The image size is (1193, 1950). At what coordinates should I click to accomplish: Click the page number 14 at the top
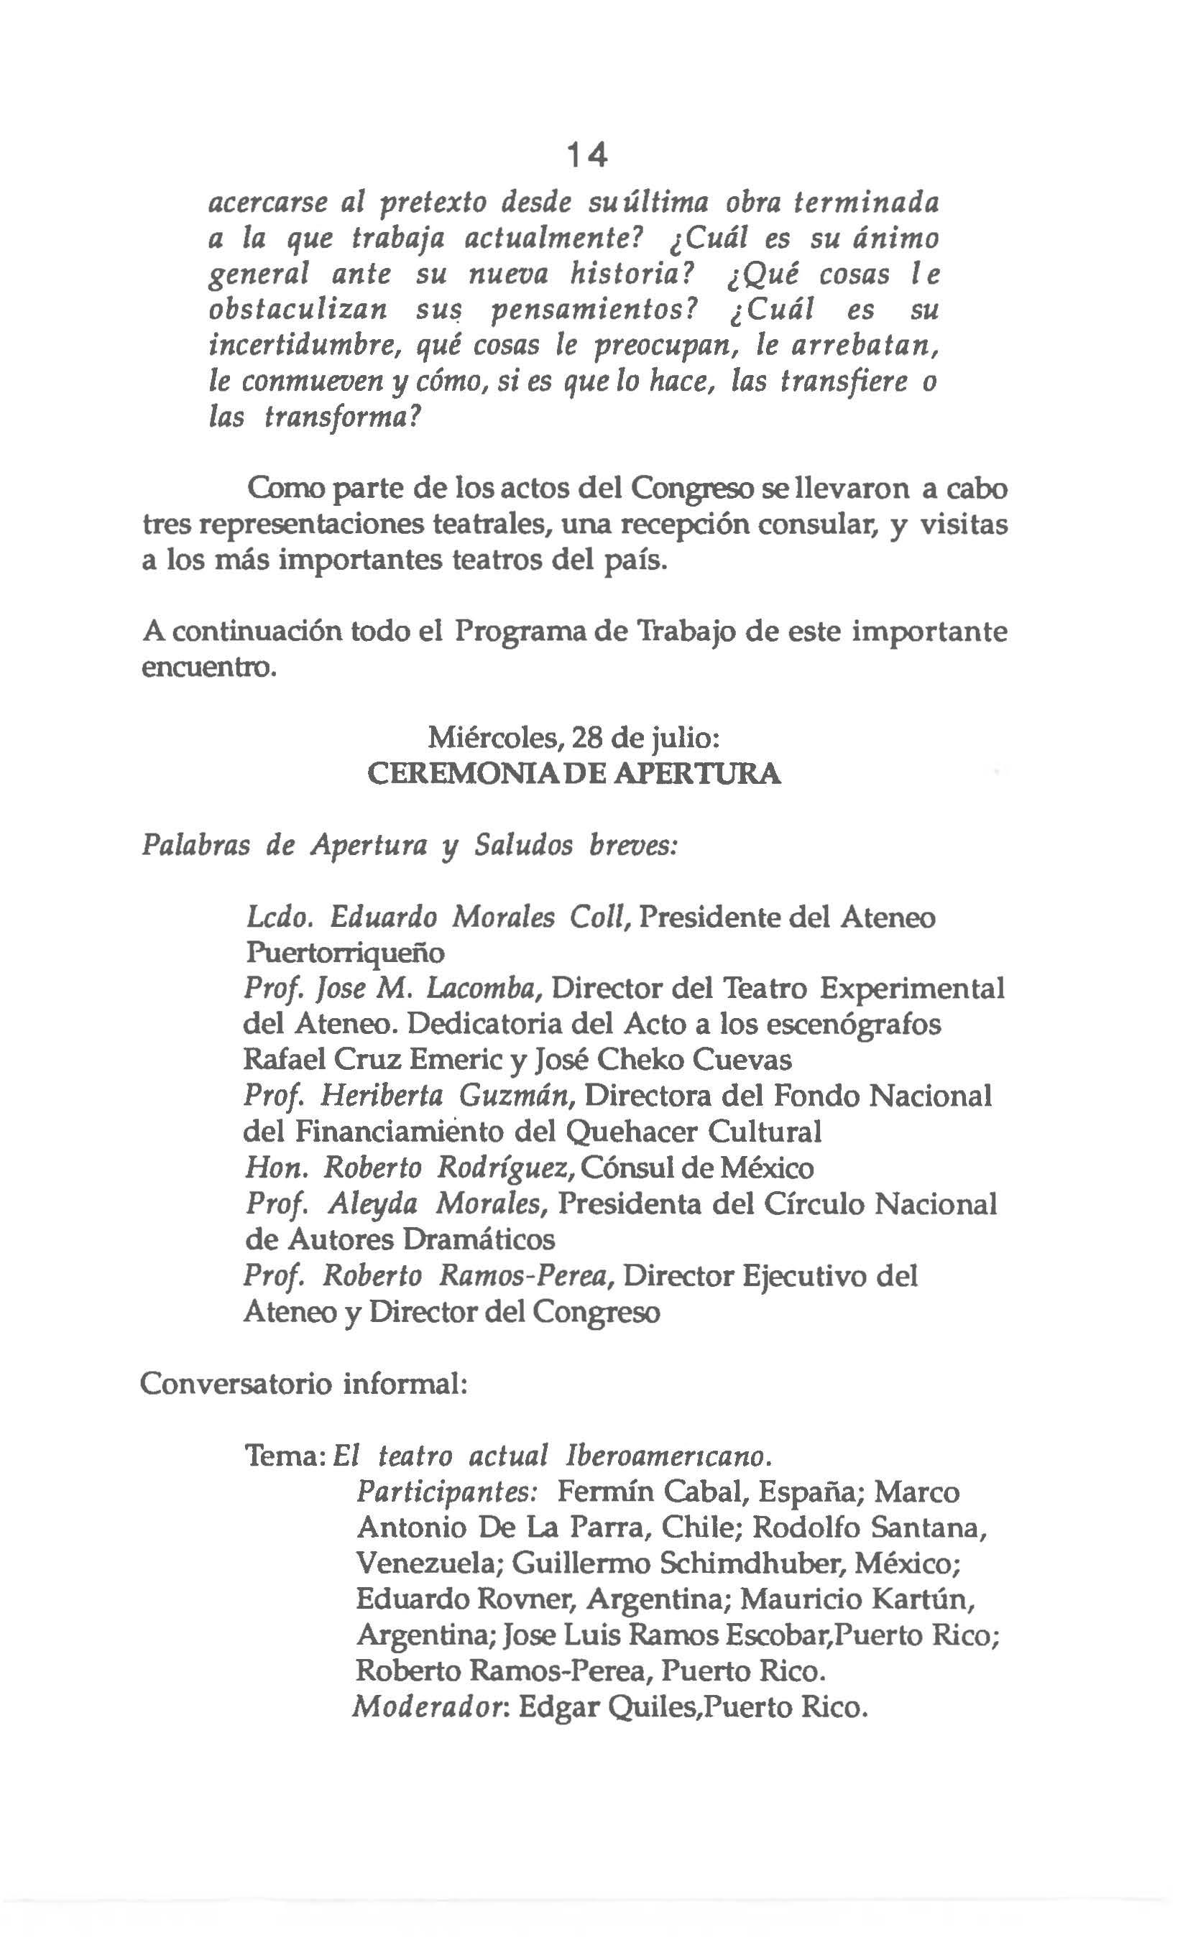[587, 155]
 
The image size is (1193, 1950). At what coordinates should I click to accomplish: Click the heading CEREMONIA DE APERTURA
[575, 773]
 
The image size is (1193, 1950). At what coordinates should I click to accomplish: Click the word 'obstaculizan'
[298, 310]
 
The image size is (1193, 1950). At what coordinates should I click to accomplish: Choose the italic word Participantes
[447, 1492]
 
